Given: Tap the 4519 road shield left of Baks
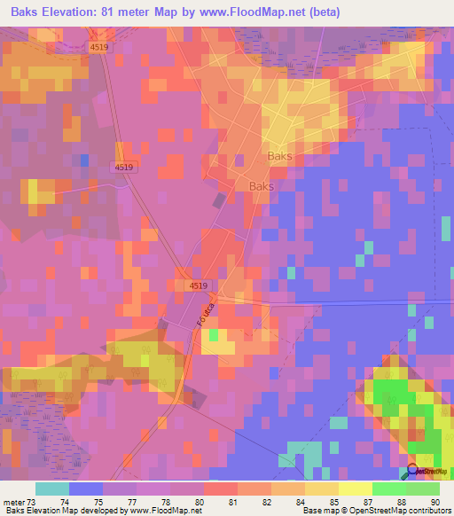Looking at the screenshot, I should click(x=124, y=167).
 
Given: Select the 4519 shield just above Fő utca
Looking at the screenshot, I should click(x=198, y=285).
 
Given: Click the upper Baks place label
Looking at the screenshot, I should click(x=280, y=156).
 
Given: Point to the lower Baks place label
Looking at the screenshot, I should click(x=262, y=187).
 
